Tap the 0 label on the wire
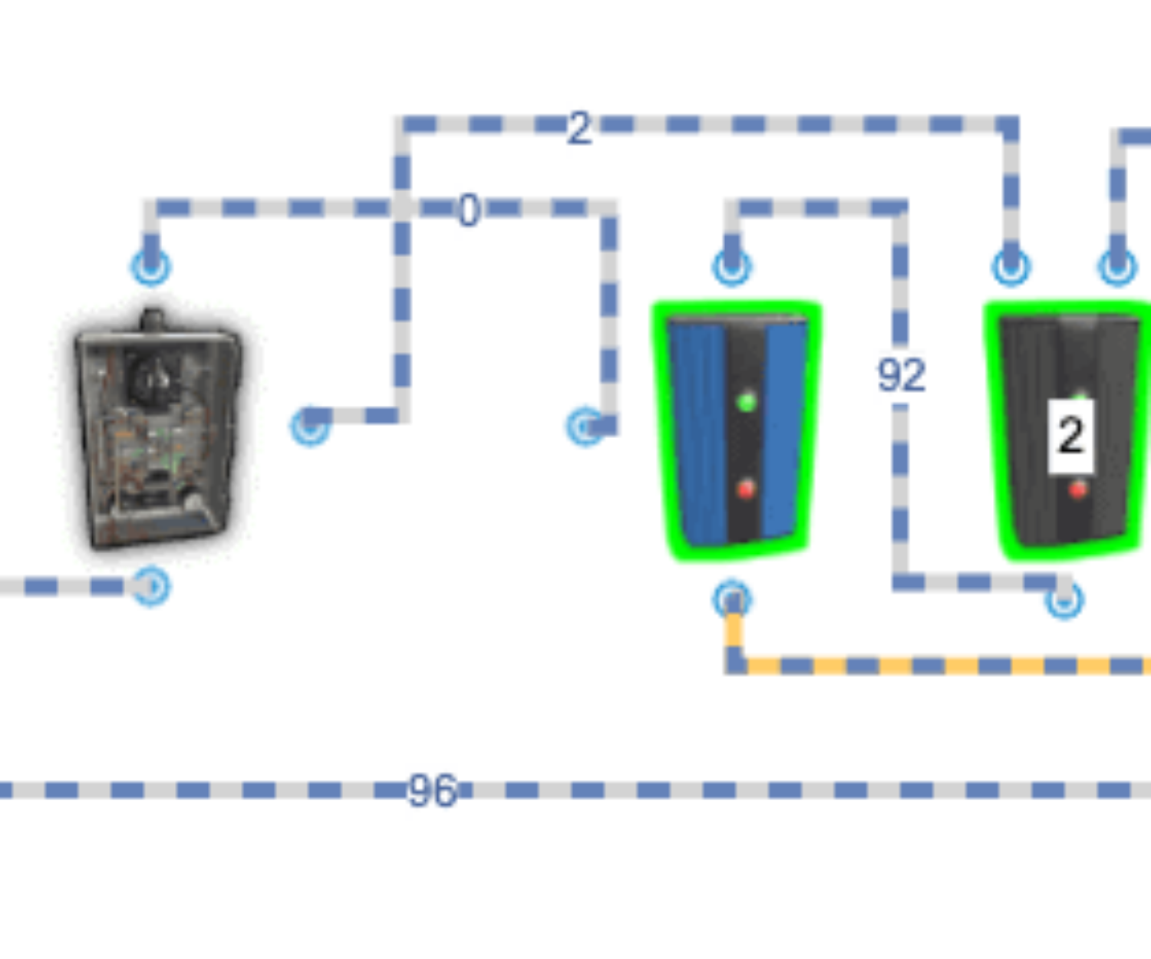point(470,213)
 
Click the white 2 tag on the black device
point(1070,436)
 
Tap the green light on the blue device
point(745,401)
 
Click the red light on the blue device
point(745,489)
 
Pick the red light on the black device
point(1078,489)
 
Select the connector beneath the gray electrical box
point(151,587)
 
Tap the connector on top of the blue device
point(733,266)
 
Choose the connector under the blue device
point(733,598)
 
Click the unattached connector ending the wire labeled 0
point(585,426)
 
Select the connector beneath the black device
point(1063,599)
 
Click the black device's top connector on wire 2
point(1012,266)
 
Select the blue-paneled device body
point(737,430)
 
